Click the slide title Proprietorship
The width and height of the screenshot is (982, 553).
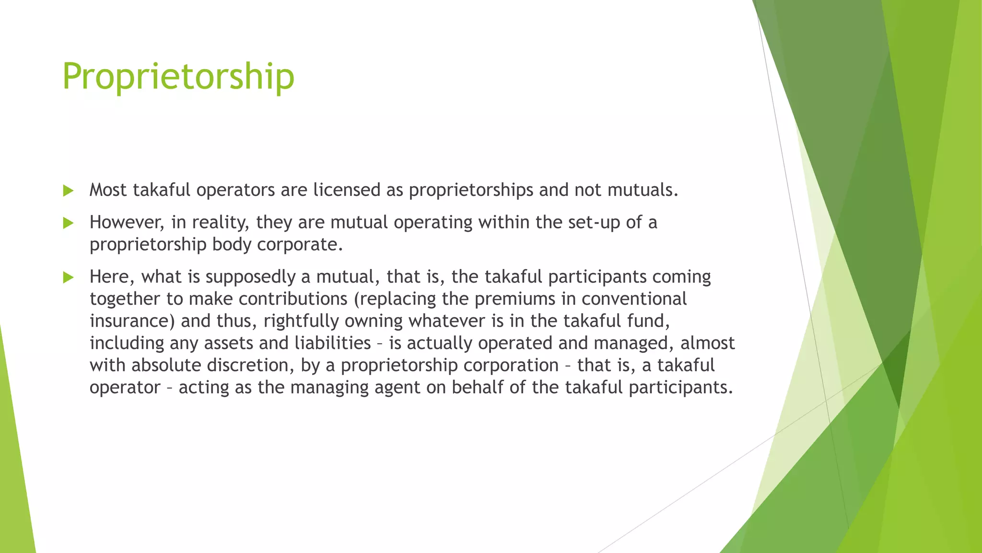coord(178,77)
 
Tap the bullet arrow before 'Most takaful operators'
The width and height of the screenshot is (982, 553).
coord(68,191)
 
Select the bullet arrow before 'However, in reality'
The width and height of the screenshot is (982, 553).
coord(68,223)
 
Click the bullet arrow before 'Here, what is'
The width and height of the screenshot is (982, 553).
coord(68,277)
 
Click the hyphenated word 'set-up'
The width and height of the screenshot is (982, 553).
coord(594,222)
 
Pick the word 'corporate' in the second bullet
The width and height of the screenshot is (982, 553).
coord(300,244)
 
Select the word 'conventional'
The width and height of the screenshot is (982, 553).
coord(634,299)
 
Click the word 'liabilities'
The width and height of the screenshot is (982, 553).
coord(332,343)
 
